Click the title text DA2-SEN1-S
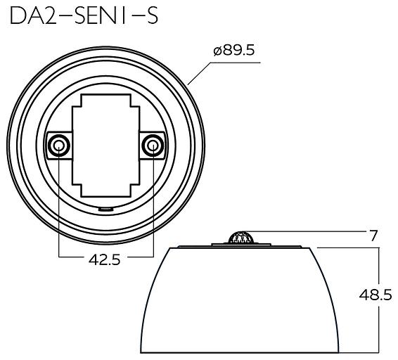pyautogui.click(x=84, y=17)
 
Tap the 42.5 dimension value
pyautogui.click(x=105, y=259)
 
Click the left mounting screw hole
pyautogui.click(x=58, y=146)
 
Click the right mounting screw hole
pyautogui.click(x=152, y=146)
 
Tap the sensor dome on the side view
pyautogui.click(x=241, y=238)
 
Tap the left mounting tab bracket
pyautogui.click(x=56, y=146)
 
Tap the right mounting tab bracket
pyautogui.click(x=155, y=146)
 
